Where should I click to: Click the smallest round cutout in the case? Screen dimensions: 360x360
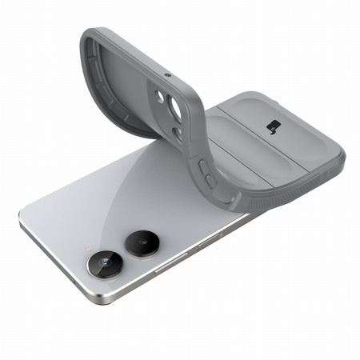pos(161,95)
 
